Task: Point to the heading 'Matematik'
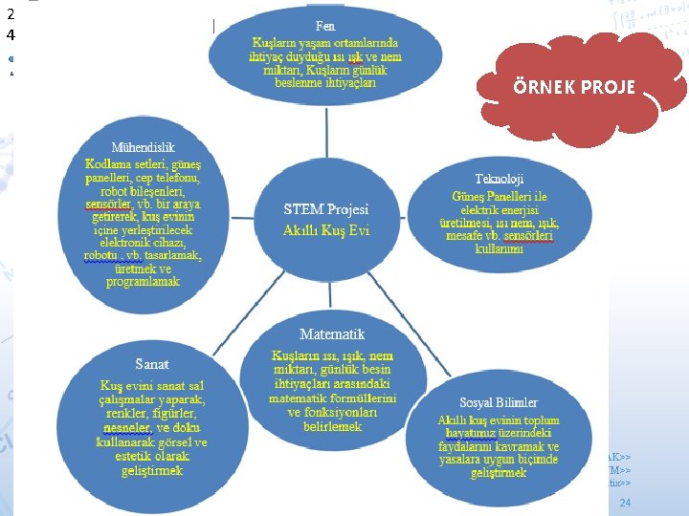click(x=332, y=334)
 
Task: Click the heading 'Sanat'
click(x=152, y=365)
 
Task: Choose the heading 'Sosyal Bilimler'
click(x=498, y=403)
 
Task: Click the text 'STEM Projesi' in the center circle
click(x=326, y=209)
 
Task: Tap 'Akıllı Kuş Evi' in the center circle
click(x=326, y=230)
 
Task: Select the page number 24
click(x=625, y=503)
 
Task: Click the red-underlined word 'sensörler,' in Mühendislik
click(x=109, y=204)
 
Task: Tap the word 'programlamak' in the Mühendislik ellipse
click(x=143, y=282)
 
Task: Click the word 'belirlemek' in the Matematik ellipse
click(x=331, y=426)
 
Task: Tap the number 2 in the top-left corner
click(x=11, y=14)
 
